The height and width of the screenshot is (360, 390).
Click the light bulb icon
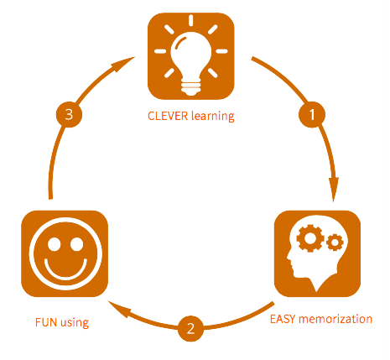[x=191, y=56]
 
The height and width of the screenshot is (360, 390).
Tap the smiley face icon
[x=65, y=253]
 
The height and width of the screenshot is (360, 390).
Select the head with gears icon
[x=317, y=253]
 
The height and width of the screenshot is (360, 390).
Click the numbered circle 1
[x=312, y=114]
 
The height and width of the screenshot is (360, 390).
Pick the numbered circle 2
[x=190, y=328]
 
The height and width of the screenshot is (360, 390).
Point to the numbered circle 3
[x=69, y=114]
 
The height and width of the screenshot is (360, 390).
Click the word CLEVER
[x=168, y=116]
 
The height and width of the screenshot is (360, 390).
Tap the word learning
[x=213, y=117]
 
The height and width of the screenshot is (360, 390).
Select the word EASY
[x=283, y=319]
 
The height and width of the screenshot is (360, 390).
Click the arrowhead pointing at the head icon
[x=334, y=190]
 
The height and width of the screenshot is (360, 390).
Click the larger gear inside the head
[x=310, y=238]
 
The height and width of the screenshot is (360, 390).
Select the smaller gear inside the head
[x=335, y=243]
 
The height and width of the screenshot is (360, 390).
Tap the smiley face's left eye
[x=55, y=244]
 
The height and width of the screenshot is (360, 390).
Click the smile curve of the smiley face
[x=65, y=271]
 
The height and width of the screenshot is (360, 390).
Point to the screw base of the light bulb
[x=191, y=87]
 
